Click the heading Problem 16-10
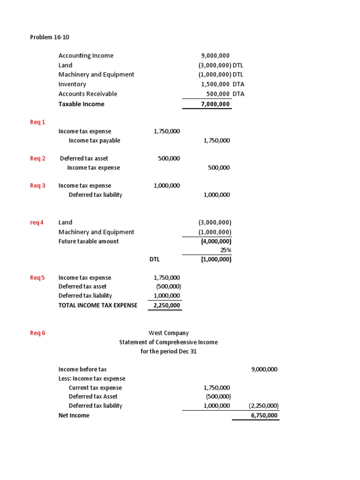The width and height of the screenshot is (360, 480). point(50,37)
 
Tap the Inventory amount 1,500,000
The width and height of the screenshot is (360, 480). point(216,84)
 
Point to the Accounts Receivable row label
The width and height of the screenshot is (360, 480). point(88,94)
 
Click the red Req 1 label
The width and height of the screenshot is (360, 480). point(37,122)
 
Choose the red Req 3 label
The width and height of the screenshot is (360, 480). point(37,186)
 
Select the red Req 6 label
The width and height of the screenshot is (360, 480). point(37,333)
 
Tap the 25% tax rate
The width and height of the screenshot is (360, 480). point(225,250)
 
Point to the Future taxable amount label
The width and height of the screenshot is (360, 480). point(89,241)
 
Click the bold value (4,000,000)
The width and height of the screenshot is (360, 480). point(215,241)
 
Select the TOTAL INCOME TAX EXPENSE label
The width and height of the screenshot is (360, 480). point(97,305)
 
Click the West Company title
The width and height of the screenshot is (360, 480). point(168,333)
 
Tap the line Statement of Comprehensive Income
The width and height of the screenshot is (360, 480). point(168,342)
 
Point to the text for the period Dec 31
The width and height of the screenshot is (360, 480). point(168,352)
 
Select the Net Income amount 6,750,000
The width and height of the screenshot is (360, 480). point(264,415)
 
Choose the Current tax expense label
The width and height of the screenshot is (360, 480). point(95,388)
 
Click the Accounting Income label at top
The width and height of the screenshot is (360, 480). point(86,56)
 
